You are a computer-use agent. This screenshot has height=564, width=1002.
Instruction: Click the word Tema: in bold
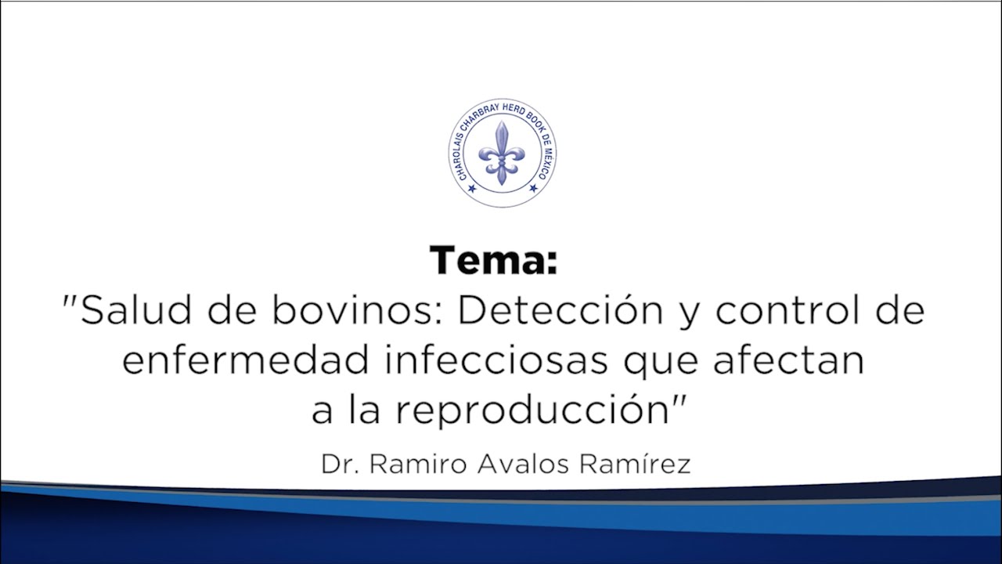[493, 261]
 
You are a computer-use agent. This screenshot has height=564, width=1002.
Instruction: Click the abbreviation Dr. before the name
[340, 464]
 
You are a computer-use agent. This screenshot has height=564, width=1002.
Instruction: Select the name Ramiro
[418, 464]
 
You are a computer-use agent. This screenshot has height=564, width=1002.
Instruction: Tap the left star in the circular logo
[471, 187]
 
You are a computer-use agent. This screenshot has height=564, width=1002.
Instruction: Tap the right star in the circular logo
[534, 187]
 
